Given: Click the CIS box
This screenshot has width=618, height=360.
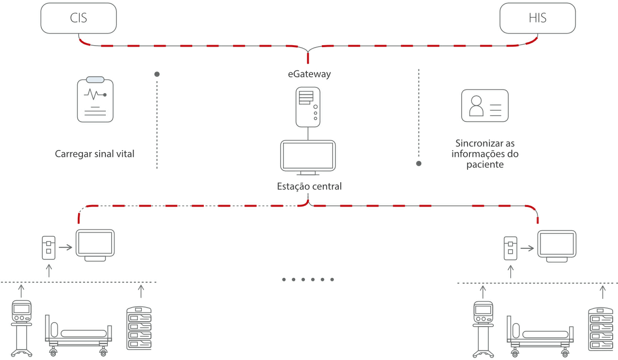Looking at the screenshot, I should tap(79, 19).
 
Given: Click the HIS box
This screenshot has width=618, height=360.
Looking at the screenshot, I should tap(537, 19).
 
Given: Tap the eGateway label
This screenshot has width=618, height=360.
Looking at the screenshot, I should tap(309, 74).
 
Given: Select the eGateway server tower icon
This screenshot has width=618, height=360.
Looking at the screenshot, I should tap(308, 106).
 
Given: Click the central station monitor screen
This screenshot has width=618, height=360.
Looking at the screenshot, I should tap(308, 155).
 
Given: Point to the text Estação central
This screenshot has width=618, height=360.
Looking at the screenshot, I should tap(309, 186).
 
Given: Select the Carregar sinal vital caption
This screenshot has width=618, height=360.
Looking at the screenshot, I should tap(95, 154).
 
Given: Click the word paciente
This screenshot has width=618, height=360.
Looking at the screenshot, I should tap(484, 165).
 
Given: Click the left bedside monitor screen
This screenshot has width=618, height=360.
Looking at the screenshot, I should tap(95, 242).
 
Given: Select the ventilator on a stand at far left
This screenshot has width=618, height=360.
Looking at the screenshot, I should tap(21, 328).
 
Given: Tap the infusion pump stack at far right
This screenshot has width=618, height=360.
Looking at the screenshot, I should tap(600, 328).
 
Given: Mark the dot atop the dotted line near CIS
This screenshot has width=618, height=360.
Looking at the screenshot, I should tap(157, 74).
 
